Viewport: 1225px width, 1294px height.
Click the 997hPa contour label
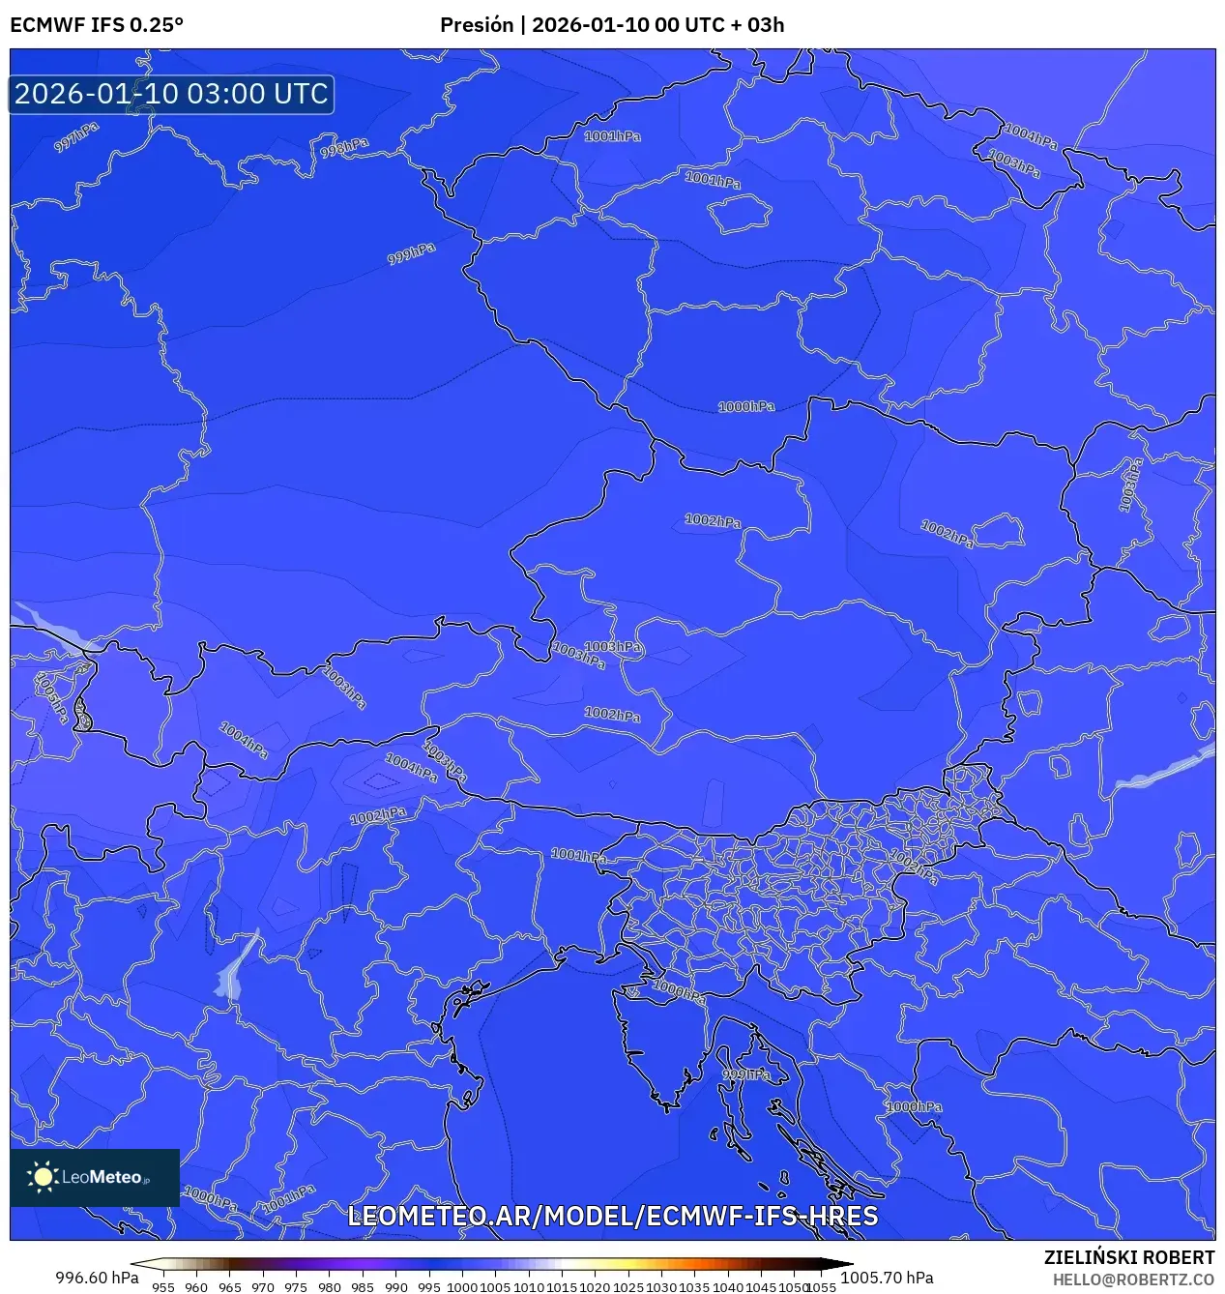(76, 136)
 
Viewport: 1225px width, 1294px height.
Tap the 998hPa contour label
(345, 148)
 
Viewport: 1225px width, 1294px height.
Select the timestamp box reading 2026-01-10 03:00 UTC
(171, 95)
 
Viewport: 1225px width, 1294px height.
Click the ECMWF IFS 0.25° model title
(97, 25)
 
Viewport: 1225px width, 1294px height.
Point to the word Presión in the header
(477, 25)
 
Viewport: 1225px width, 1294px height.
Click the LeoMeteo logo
(95, 1177)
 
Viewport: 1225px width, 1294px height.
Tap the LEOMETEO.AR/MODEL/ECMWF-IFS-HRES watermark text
(612, 1216)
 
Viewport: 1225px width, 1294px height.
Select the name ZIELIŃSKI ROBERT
(1128, 1257)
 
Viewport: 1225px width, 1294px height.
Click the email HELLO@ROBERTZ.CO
(1133, 1279)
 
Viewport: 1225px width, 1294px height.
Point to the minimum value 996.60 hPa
(97, 1278)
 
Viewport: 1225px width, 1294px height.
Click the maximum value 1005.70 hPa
(887, 1278)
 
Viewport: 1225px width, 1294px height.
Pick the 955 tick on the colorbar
(163, 1287)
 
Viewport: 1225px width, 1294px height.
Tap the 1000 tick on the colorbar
(462, 1287)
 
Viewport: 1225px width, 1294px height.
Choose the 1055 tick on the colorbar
(821, 1287)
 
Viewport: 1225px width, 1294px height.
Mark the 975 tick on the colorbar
(296, 1287)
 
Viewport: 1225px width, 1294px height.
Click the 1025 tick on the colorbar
(628, 1287)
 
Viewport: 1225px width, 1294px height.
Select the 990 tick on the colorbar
(395, 1287)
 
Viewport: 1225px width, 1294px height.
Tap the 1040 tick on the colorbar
(728, 1287)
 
